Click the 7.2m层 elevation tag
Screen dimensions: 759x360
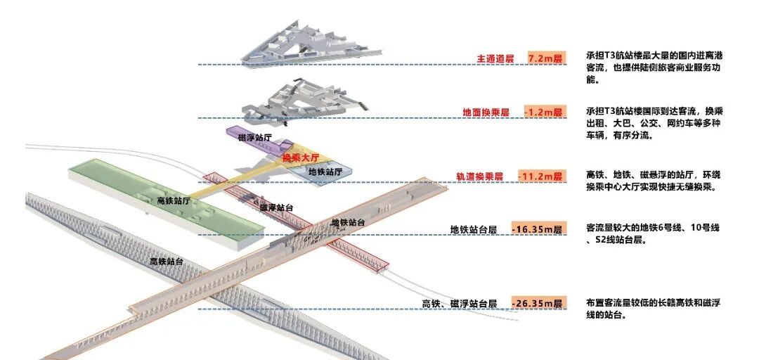546,58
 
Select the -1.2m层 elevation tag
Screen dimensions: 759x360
544,112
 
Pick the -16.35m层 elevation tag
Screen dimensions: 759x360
538,229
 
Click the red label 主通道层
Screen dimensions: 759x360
498,58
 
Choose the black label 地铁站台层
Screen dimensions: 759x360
474,230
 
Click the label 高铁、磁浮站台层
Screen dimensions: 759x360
460,304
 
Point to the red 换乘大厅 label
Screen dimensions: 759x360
301,159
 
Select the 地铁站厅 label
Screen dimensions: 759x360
325,172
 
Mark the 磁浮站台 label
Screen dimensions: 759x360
276,207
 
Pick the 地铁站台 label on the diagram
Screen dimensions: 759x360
348,222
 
